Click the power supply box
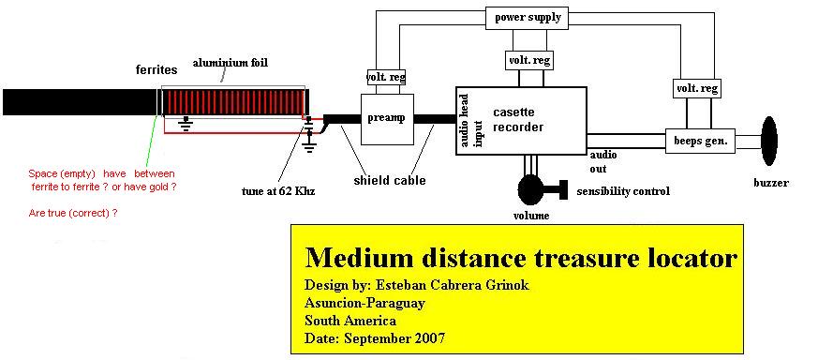point(527,18)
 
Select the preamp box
point(388,119)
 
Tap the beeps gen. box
point(700,141)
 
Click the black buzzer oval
point(769,141)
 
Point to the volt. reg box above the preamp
point(386,77)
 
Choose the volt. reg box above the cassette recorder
point(529,60)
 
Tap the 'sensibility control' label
point(623,191)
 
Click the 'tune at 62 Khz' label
point(278,191)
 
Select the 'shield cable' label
point(390,181)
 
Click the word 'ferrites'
point(156,69)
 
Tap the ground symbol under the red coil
point(185,123)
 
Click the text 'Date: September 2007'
point(375,337)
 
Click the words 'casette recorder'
point(518,120)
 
